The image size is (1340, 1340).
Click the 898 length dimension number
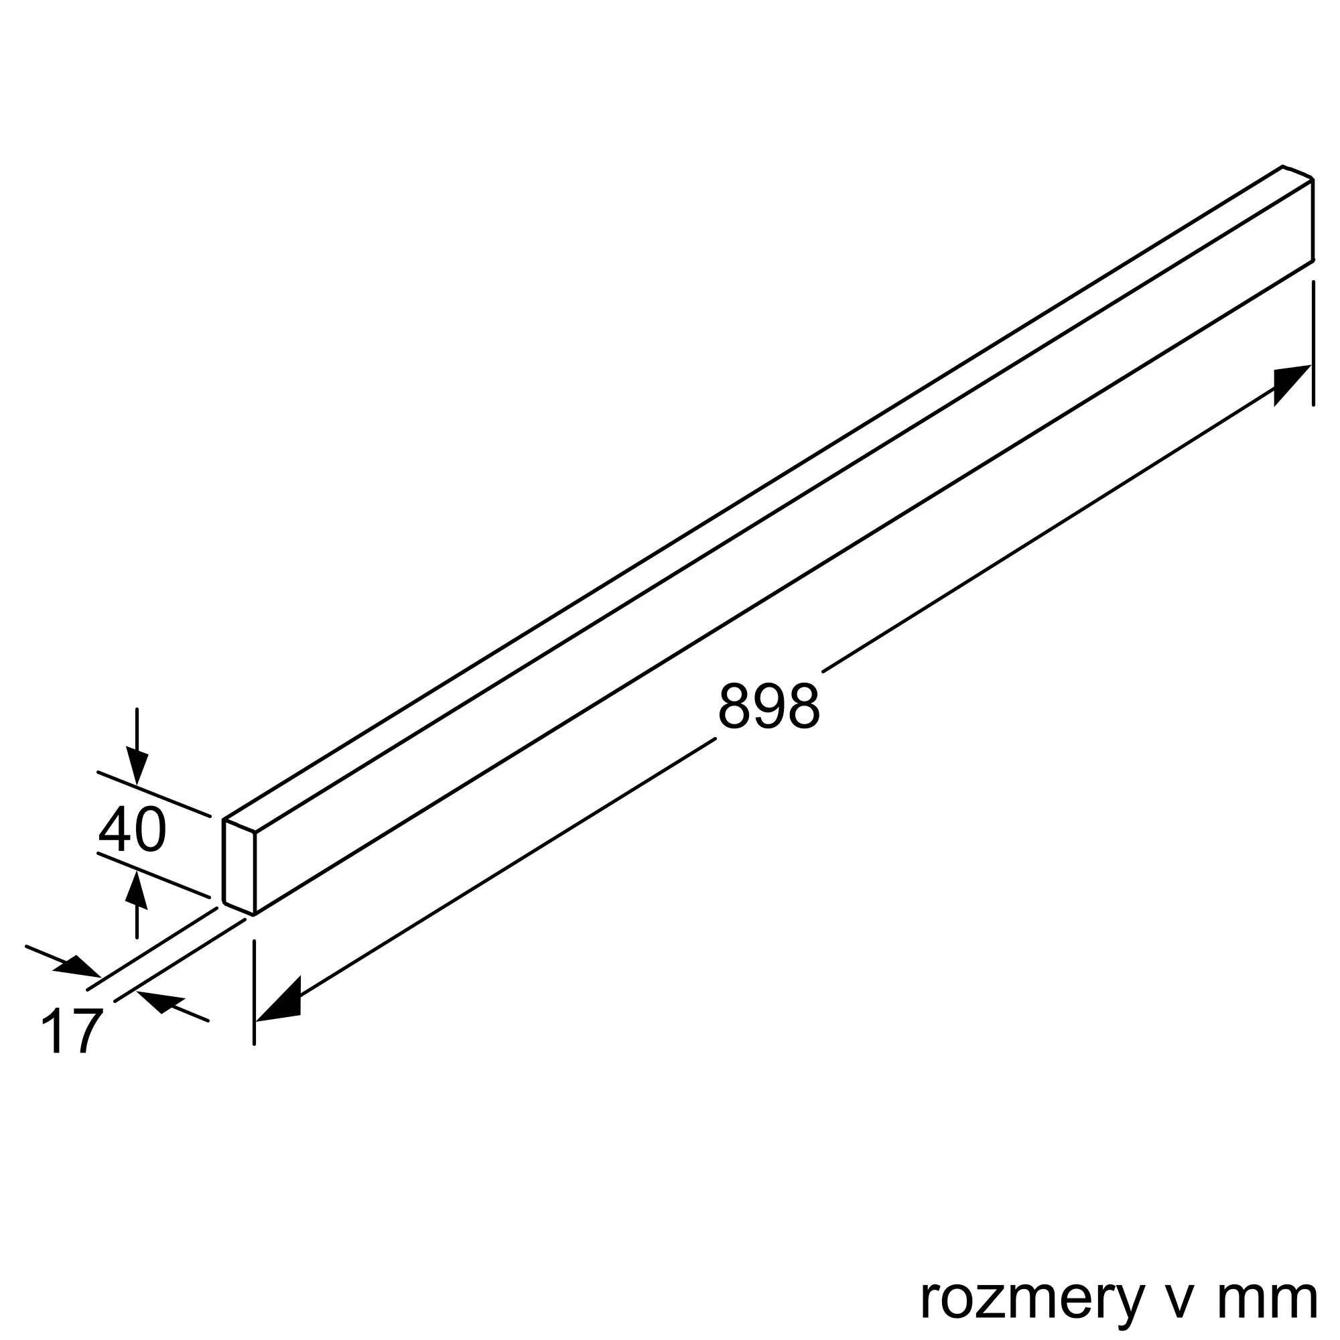tap(768, 706)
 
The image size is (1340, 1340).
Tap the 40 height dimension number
tap(132, 829)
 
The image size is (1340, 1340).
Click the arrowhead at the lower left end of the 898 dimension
tap(279, 1002)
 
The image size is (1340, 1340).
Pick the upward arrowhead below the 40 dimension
tap(137, 890)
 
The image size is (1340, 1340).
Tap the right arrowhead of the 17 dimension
tap(161, 1002)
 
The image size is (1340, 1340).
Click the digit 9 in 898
tap(768, 706)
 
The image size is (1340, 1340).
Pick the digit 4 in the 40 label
tap(114, 829)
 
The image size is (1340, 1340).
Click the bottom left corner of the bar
tap(255, 914)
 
